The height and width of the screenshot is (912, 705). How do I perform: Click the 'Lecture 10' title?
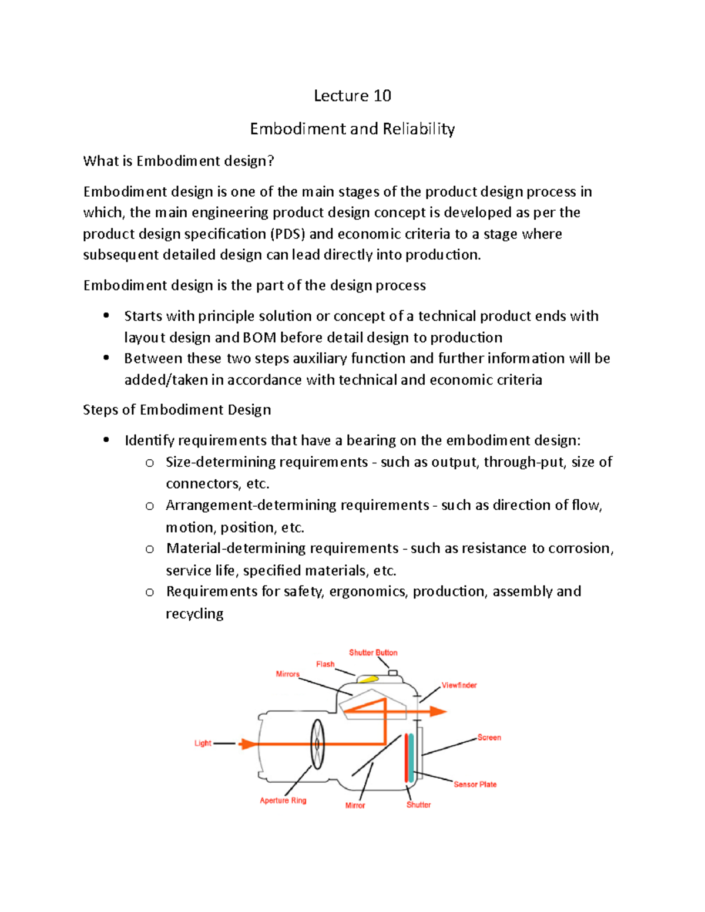pos(352,96)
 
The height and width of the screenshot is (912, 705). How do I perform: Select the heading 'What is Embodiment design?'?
pos(179,161)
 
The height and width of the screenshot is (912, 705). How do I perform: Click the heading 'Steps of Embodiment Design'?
pos(177,409)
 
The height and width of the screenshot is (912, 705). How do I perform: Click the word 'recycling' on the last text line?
pos(194,614)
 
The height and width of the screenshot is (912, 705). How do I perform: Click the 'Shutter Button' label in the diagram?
pos(373,652)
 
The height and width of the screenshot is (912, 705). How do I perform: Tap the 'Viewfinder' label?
pos(459,685)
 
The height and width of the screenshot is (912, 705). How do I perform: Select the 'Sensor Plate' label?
pos(475,784)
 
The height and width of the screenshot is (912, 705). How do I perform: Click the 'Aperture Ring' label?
pos(283,800)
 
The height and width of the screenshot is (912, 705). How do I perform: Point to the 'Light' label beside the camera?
pos(203,743)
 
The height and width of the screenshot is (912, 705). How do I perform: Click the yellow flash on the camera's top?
pos(368,679)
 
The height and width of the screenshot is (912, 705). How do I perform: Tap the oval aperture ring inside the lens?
pos(317,744)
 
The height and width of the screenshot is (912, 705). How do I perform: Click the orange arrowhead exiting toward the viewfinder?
pos(438,711)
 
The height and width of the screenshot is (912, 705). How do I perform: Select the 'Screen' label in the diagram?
pos(489,737)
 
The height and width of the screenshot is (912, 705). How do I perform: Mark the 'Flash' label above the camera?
pos(325,664)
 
